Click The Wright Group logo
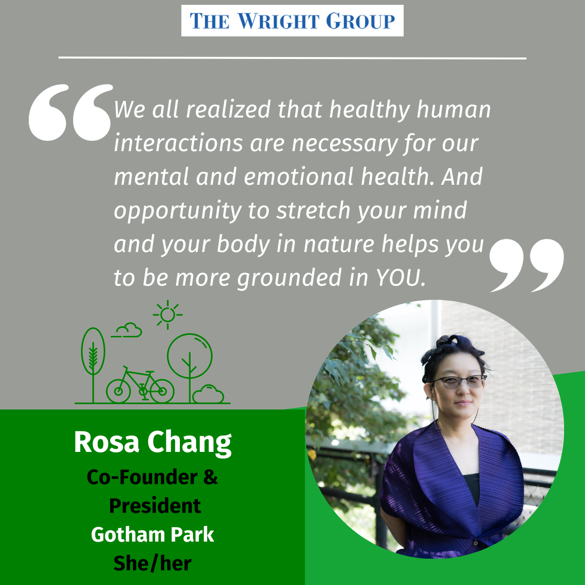click(292, 21)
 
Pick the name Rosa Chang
click(153, 442)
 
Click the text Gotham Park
click(153, 535)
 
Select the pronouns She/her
click(153, 564)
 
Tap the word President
click(155, 506)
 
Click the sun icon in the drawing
click(167, 315)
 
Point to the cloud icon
click(129, 331)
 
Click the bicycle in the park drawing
click(140, 386)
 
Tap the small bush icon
click(208, 394)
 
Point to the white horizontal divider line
click(292, 58)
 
